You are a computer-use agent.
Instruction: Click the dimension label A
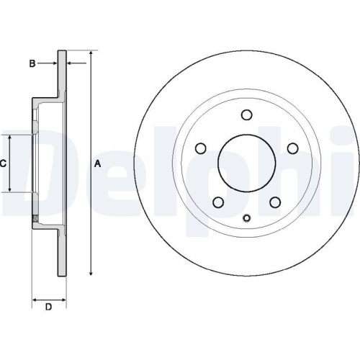click(x=98, y=163)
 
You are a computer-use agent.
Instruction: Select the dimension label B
click(x=32, y=64)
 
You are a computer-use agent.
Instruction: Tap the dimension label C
click(x=3, y=163)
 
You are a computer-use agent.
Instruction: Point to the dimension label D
click(x=49, y=308)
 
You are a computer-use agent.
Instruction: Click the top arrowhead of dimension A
click(x=91, y=54)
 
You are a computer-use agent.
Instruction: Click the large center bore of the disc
click(x=246, y=163)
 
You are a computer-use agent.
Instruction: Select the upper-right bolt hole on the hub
click(x=292, y=148)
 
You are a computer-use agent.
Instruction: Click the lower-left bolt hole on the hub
click(x=217, y=202)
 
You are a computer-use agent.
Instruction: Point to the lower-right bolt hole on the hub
click(x=274, y=202)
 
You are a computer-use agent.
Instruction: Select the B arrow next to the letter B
click(x=53, y=64)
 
